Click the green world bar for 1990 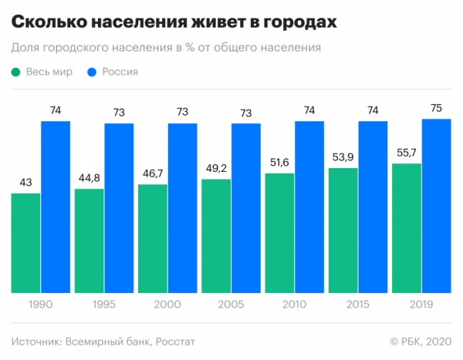26,243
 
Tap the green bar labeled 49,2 217,236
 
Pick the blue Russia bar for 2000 182,207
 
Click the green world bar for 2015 343,230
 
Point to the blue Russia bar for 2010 309,207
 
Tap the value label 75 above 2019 436,108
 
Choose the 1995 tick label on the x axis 104,304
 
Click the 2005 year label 231,304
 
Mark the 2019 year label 421,304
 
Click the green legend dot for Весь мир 16,73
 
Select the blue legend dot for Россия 92,73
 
